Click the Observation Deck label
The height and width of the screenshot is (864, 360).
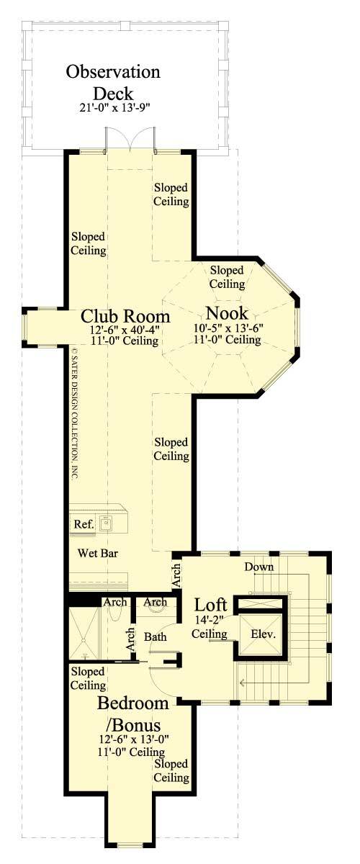[113, 83]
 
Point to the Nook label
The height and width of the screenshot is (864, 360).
[227, 313]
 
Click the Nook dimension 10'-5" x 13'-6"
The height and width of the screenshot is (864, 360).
[228, 328]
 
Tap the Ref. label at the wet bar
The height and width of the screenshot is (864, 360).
[84, 524]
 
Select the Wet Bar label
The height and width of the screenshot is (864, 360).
[99, 554]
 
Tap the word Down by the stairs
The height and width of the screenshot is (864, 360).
[258, 567]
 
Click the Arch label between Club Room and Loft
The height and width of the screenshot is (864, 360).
[176, 576]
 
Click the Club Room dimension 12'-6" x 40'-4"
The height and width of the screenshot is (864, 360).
[125, 330]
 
